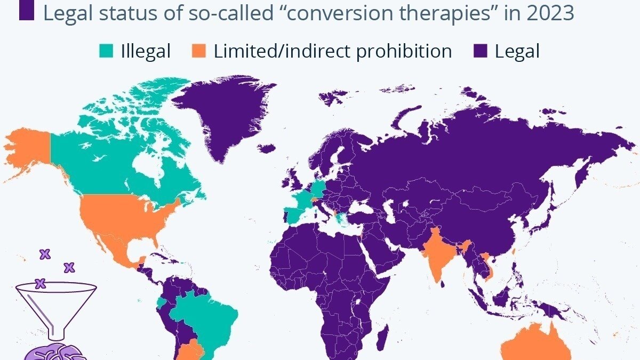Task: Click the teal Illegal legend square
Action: pos(107,52)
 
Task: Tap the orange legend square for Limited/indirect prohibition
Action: pos(198,52)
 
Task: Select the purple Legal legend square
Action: pos(481,52)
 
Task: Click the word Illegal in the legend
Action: pos(146,52)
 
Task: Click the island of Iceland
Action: pos(269,148)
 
